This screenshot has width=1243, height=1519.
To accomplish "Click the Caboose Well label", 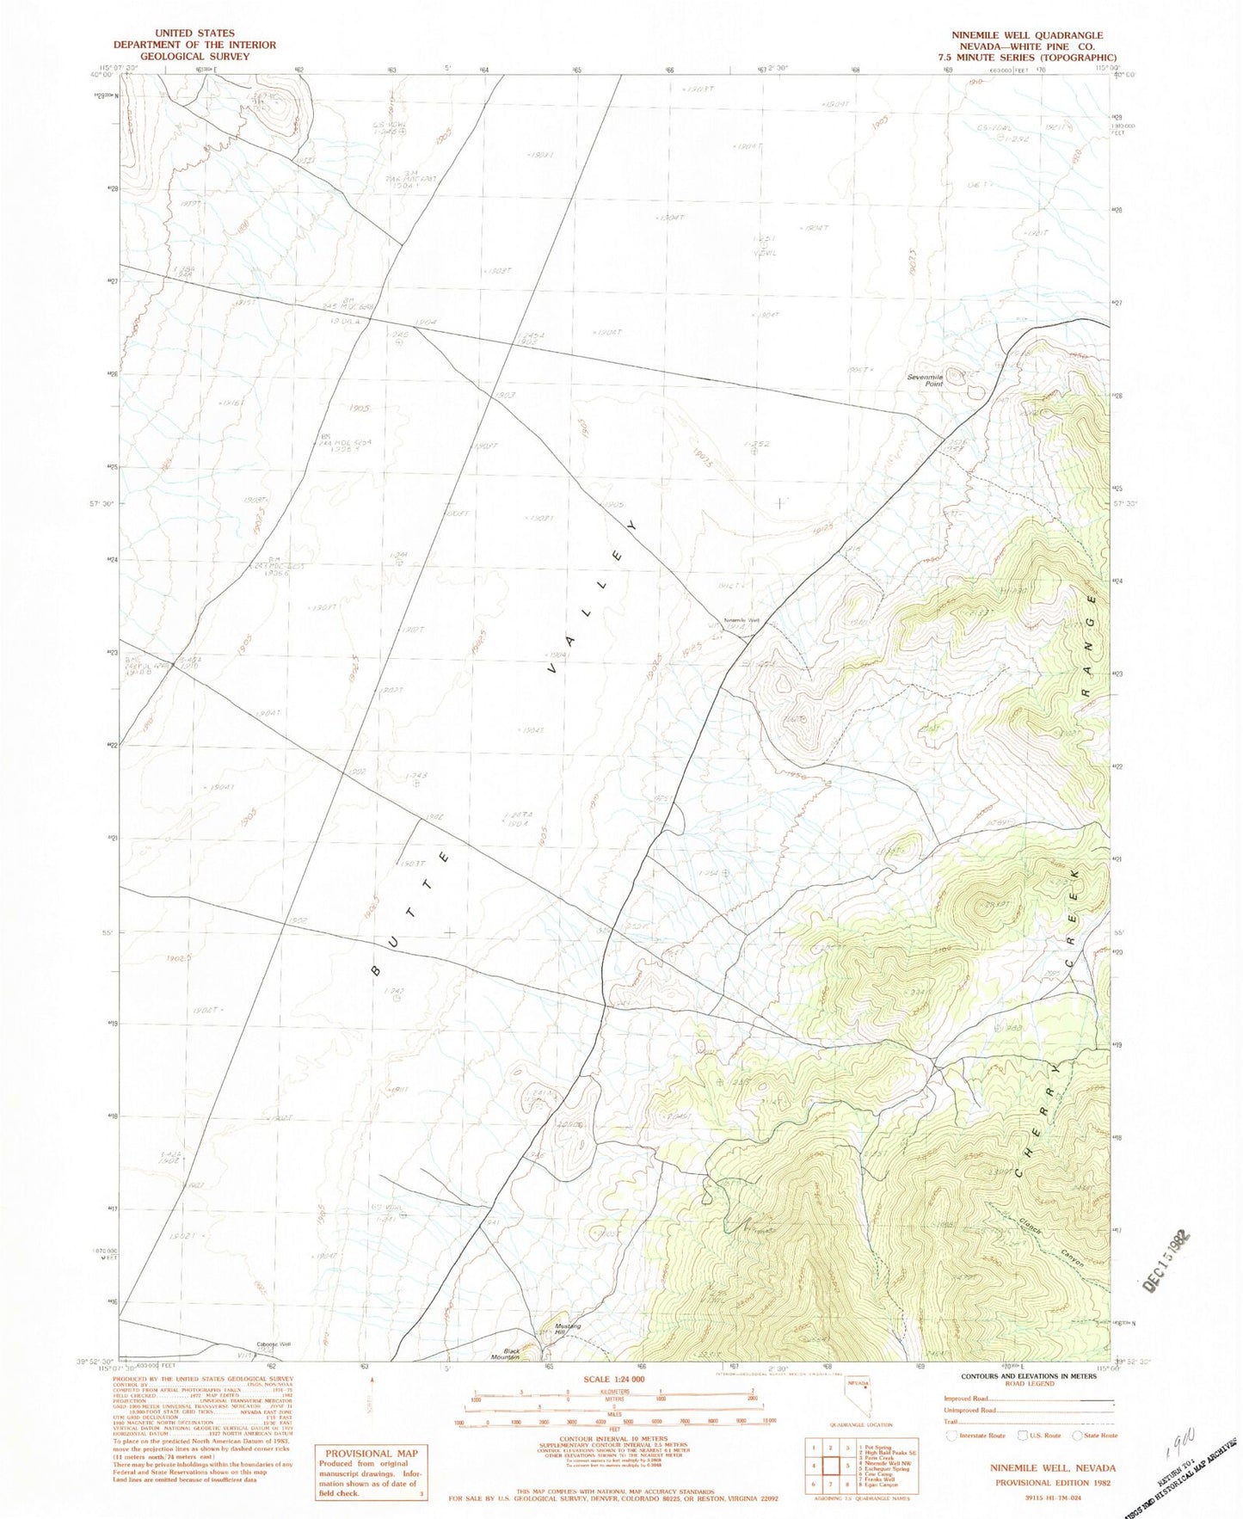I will (x=274, y=1344).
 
